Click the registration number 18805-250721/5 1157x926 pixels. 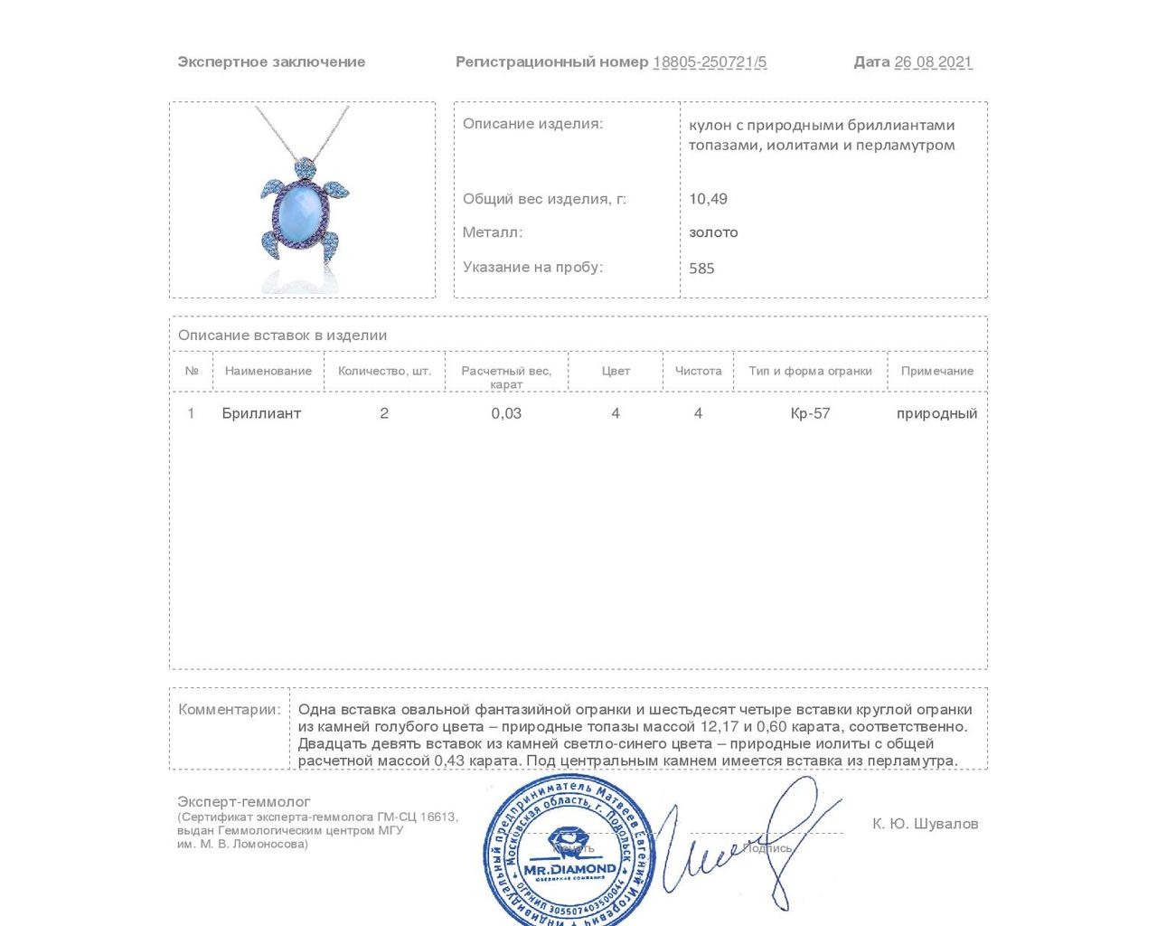coord(710,61)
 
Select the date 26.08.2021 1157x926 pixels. coord(933,61)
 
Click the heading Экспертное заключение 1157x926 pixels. coord(271,61)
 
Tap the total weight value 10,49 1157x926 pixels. coord(708,199)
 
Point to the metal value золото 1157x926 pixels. coord(713,232)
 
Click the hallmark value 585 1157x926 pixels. coord(701,269)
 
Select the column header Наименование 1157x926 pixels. coord(268,371)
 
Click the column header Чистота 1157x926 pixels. coord(698,371)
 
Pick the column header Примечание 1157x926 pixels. coord(937,371)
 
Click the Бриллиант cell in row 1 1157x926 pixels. coord(261,413)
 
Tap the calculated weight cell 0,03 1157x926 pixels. coord(506,413)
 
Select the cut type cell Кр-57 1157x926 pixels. coord(810,413)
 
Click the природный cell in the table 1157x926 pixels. coord(936,413)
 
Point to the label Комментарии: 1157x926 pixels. coord(230,709)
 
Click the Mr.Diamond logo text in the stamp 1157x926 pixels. coord(569,869)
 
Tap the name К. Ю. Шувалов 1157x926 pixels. coord(925,824)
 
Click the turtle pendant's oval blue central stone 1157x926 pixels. coord(301,213)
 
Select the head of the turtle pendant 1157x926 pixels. coord(305,168)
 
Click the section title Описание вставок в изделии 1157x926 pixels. coord(282,335)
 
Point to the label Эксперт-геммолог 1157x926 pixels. coord(244,801)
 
